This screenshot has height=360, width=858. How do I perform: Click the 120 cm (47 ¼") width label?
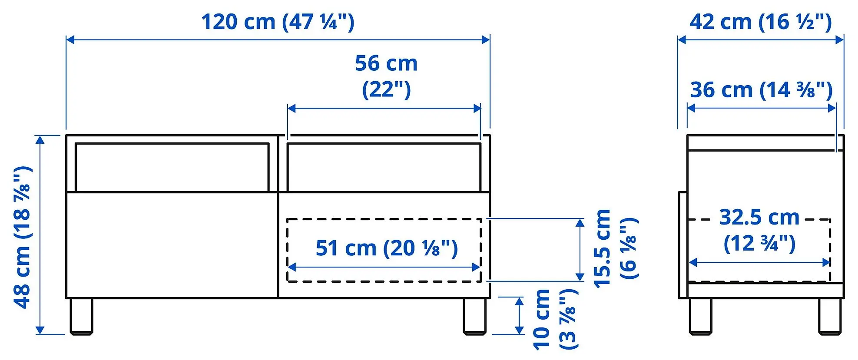[x=278, y=22]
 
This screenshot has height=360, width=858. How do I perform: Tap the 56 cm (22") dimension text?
[x=386, y=76]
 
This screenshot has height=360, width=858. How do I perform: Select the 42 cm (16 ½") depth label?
[x=760, y=22]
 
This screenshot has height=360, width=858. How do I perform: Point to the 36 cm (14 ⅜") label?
[x=761, y=90]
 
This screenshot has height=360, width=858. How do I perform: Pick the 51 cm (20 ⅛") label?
[x=386, y=248]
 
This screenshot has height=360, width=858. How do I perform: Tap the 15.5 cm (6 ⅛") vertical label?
[x=615, y=248]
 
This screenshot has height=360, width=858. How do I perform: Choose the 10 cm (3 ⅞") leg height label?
[x=555, y=319]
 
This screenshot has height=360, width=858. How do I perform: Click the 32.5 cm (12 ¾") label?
[x=759, y=230]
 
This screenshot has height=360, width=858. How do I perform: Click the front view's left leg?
[x=82, y=316]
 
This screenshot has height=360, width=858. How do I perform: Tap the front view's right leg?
[x=474, y=316]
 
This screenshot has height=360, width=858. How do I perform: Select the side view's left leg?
[x=700, y=316]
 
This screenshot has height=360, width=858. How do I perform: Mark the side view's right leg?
[x=830, y=316]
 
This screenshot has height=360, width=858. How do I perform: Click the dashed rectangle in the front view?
[x=384, y=220]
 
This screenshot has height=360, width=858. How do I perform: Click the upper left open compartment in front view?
[x=172, y=167]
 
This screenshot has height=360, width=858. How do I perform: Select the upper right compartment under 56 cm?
[x=384, y=167]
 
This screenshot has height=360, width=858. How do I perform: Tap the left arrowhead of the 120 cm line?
[x=70, y=40]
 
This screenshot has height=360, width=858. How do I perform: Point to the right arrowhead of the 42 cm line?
[x=840, y=40]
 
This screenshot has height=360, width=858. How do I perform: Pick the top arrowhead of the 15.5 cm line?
[x=580, y=223]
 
